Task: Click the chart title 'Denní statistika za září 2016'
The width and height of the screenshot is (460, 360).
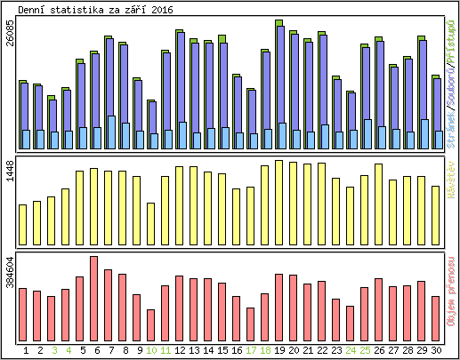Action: click(x=96, y=10)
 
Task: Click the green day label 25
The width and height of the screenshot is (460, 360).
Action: click(x=365, y=350)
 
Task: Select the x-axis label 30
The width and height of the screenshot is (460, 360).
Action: click(x=436, y=350)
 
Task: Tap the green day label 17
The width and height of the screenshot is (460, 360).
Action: click(x=251, y=350)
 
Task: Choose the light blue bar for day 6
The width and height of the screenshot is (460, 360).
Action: click(x=97, y=138)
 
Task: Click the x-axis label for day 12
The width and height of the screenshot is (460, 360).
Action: click(x=179, y=350)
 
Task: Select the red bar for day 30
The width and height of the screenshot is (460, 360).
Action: click(x=435, y=314)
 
